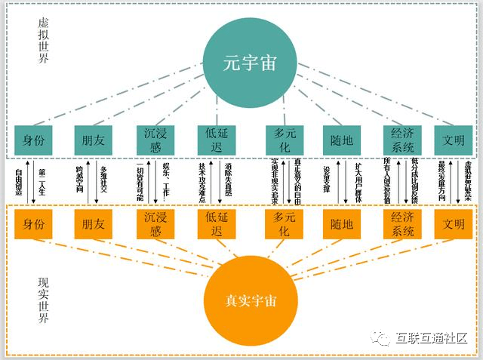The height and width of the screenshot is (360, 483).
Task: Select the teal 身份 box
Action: coord(33,139)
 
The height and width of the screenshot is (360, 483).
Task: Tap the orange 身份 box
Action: coord(33,223)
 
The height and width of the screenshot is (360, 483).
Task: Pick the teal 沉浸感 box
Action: coord(155,139)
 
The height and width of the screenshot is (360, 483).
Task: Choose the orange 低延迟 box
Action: coord(217,223)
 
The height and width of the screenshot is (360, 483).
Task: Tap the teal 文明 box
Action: coord(454,139)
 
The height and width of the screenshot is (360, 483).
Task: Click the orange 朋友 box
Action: coord(94,223)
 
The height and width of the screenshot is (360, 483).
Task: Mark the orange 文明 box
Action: coord(454,223)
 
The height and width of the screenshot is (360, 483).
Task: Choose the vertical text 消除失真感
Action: coord(226,181)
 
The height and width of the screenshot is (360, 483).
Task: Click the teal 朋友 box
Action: coord(94,139)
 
